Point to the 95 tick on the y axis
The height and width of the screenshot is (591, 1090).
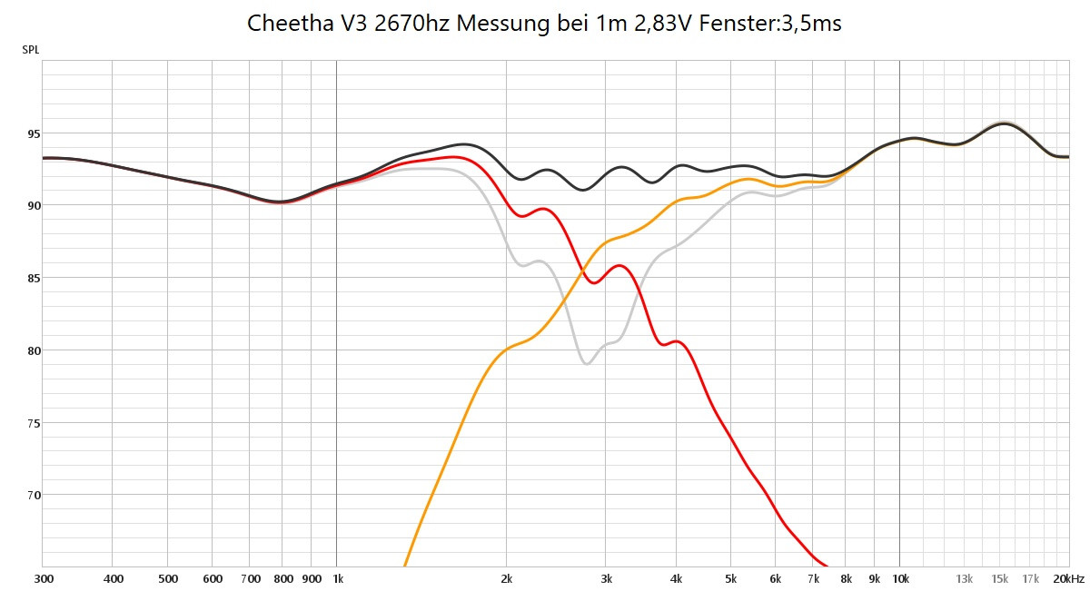pos(34,133)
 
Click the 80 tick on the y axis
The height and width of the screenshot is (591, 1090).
pos(34,350)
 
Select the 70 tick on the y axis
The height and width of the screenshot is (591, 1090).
pos(34,495)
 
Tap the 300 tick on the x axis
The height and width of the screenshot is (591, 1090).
pos(43,578)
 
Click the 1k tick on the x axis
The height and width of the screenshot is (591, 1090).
pos(337,578)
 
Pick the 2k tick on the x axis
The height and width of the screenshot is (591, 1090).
pos(507,578)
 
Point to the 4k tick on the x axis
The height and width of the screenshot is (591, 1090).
pos(676,578)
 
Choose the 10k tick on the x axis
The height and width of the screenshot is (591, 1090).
pos(899,578)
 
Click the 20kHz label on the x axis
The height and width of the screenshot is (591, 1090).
pos(1069,578)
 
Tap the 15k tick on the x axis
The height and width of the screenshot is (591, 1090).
pos(999,578)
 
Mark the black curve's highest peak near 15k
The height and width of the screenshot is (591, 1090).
pos(1003,123)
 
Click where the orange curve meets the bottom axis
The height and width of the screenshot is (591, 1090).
pos(404,566)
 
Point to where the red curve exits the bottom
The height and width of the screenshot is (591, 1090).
pos(827,566)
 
